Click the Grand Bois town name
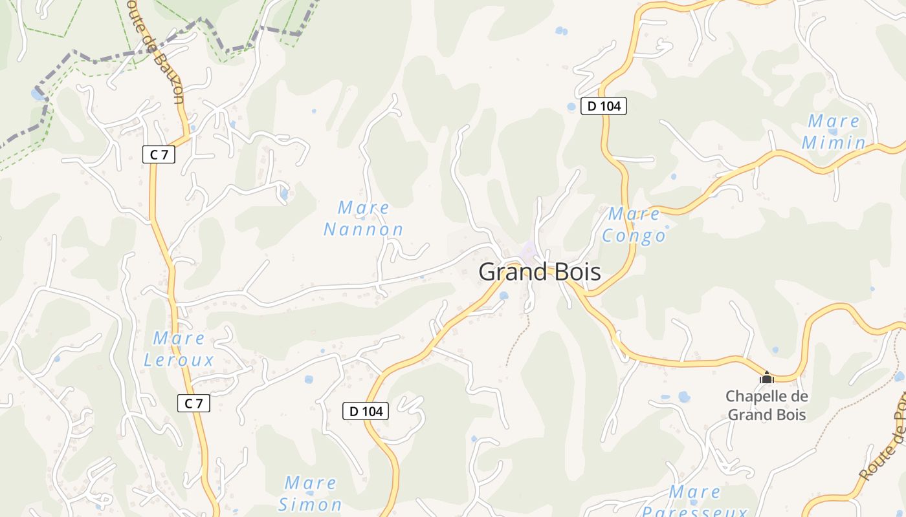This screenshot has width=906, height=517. [539, 272]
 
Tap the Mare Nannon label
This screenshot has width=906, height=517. [364, 218]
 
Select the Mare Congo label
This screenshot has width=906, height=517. [634, 225]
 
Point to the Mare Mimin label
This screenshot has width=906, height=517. [834, 132]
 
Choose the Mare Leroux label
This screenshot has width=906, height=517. [179, 349]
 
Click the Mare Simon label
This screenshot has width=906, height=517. [311, 493]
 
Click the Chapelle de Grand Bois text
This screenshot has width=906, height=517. [767, 405]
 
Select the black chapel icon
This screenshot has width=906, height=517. [767, 377]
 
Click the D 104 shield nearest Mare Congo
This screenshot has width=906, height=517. [604, 106]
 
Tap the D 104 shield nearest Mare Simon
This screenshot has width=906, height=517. [366, 411]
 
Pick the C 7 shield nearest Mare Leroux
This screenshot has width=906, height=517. [193, 404]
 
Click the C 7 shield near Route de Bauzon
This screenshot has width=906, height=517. [159, 154]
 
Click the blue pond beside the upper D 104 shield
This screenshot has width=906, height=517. [571, 107]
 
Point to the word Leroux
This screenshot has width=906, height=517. [179, 360]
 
